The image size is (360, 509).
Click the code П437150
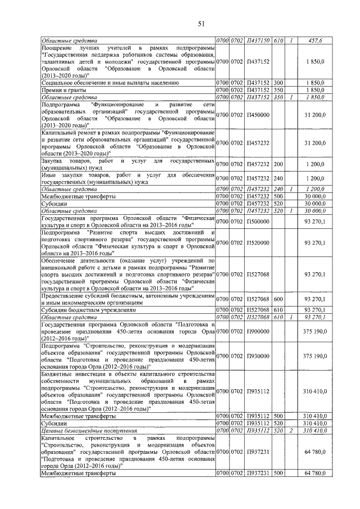[258, 41]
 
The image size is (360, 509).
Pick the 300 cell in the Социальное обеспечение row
[278, 82]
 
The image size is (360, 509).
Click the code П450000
[258, 115]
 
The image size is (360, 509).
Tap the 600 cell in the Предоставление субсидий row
[278, 299]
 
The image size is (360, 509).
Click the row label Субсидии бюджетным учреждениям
[88, 310]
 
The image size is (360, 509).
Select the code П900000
[258, 331]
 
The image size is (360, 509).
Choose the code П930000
[258, 356]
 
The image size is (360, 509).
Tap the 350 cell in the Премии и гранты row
[278, 89]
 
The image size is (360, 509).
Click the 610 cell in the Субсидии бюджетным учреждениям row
[278, 310]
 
